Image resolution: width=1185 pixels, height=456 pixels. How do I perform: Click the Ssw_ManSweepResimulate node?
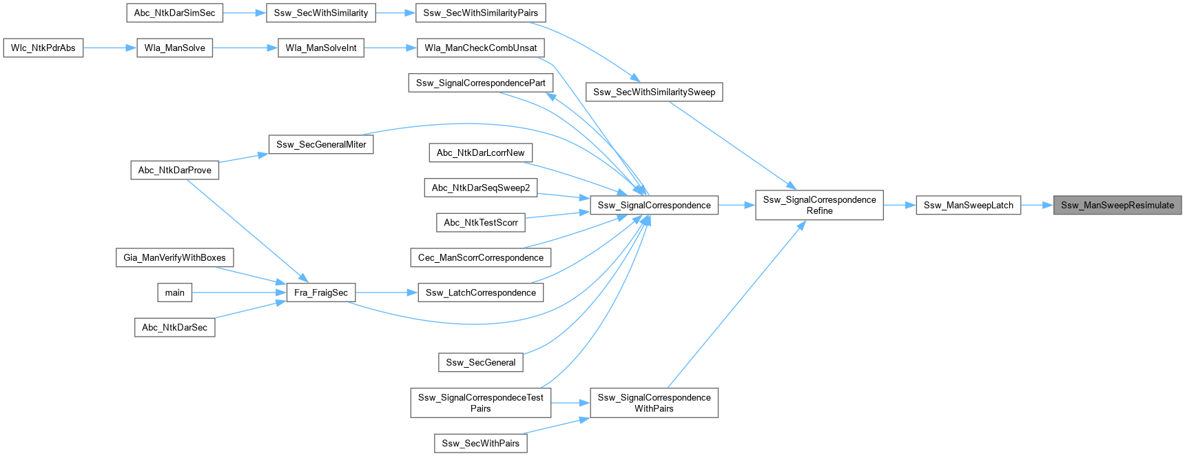[1117, 205]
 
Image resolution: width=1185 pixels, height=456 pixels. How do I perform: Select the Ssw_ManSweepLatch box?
[968, 205]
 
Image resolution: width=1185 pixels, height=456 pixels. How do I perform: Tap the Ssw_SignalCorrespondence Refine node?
[819, 205]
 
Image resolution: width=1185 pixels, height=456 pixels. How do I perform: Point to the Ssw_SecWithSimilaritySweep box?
[654, 92]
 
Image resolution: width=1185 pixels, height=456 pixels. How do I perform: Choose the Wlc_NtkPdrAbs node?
[43, 48]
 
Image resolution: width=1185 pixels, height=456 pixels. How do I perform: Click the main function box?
[174, 293]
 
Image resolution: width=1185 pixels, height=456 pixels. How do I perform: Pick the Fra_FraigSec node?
[320, 293]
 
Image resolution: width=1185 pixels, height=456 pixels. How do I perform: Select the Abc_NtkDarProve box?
[174, 170]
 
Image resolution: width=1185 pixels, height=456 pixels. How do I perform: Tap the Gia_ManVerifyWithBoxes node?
[174, 257]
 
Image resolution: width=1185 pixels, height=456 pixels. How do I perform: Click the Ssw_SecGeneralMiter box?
[320, 144]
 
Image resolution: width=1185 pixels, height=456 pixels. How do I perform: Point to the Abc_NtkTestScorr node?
[480, 222]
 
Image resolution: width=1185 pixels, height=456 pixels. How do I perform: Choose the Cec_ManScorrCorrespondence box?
[480, 257]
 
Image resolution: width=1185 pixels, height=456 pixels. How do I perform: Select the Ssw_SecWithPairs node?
[480, 443]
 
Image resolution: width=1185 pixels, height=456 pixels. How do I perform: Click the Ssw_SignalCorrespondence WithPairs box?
[654, 403]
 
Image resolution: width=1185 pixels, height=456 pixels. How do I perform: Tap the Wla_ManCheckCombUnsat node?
[480, 48]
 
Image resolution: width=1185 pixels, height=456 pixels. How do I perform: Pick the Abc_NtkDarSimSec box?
[174, 12]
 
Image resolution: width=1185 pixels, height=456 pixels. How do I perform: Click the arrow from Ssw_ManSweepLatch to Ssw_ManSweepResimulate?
[1037, 205]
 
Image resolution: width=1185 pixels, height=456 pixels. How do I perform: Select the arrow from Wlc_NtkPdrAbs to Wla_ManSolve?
[110, 48]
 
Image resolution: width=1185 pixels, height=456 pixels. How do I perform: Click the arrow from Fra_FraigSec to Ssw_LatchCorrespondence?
[386, 293]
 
